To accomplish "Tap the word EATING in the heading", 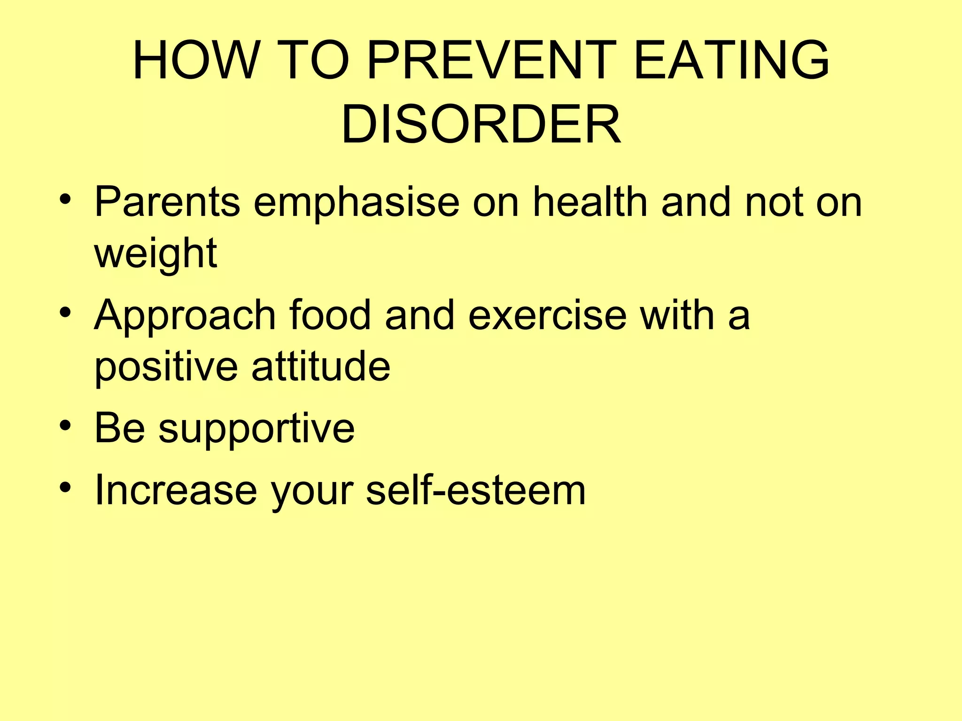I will point(731,61).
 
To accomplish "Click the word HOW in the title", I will point(195,61).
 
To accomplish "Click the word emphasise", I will point(357,203).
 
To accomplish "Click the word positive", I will point(166,367).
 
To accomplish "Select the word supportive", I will point(256,429).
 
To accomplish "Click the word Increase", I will point(176,490).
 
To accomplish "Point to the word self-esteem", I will point(475,490).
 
